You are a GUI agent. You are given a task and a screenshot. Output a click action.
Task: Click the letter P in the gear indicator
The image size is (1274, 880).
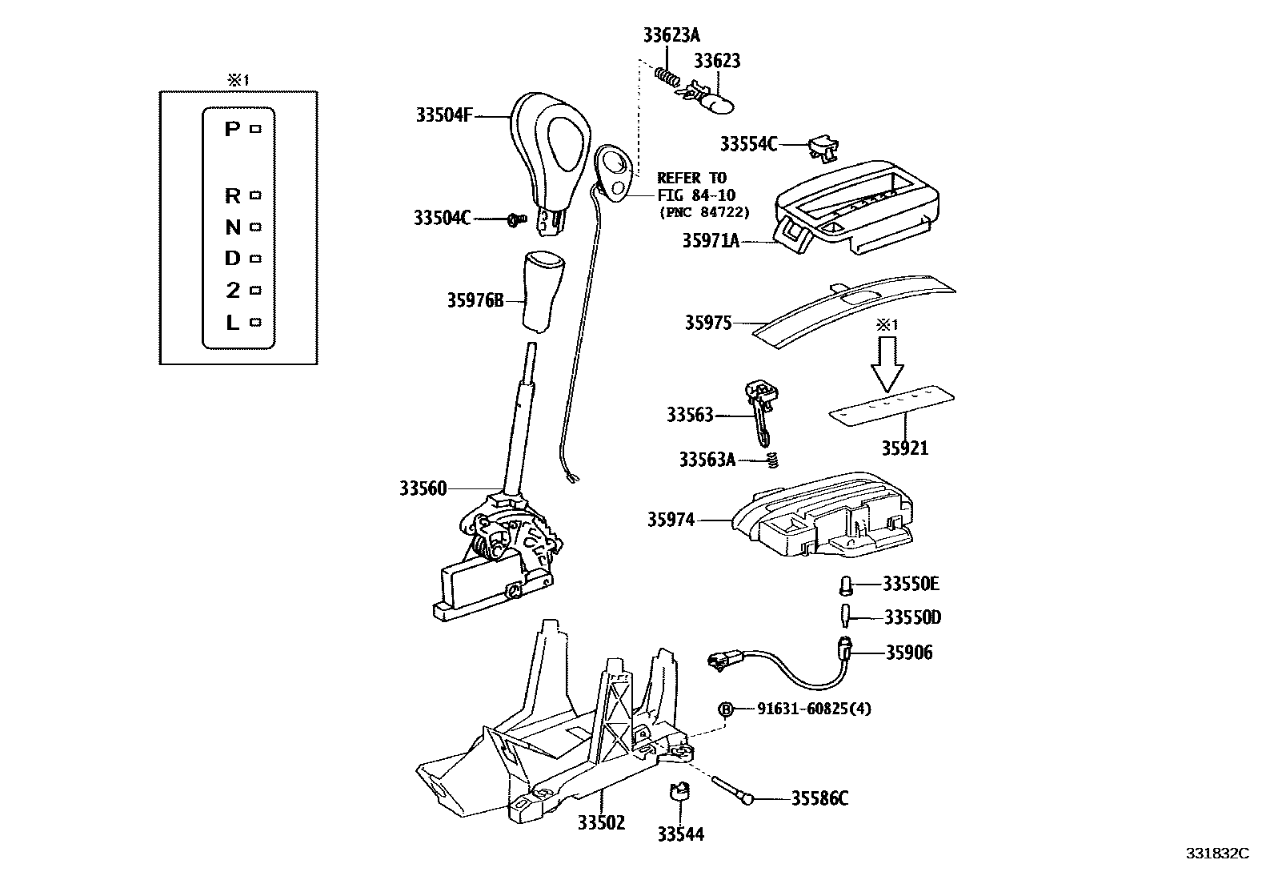(231, 129)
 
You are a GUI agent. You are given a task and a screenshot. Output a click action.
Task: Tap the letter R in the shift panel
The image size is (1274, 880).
(232, 195)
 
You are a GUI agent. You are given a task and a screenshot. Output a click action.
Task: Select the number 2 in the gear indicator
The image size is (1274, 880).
(232, 291)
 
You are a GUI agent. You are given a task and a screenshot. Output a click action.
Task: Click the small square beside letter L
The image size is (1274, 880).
(256, 322)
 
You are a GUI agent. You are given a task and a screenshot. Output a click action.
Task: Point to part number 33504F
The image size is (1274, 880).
(444, 115)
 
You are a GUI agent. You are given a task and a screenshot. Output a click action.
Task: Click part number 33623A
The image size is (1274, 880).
(671, 35)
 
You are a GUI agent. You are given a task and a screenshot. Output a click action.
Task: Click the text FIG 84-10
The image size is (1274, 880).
(695, 195)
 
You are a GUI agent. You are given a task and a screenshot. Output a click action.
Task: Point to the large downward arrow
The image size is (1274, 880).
(887, 364)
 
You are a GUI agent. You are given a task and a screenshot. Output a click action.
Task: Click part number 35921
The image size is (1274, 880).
(904, 448)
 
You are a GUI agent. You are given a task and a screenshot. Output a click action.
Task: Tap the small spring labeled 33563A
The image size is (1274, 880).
(772, 460)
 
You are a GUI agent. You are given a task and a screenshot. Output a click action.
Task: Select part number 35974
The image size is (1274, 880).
(671, 520)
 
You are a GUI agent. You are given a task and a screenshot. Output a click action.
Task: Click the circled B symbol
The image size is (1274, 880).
(726, 709)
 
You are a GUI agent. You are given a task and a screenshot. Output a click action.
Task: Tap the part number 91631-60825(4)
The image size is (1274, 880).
(814, 709)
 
